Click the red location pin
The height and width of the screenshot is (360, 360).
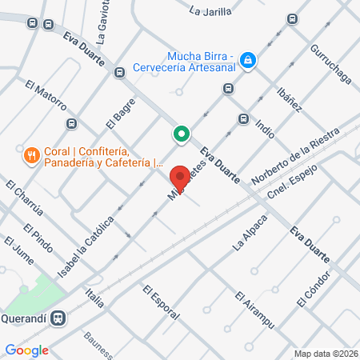coord(180,177)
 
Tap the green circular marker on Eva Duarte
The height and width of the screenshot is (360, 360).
coord(182,134)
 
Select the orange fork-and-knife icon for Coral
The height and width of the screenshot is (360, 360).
coord(31,154)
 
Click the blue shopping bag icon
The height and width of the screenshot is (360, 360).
coord(249,60)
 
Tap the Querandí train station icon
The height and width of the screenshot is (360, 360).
coord(58,318)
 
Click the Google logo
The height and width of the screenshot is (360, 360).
coord(27,350)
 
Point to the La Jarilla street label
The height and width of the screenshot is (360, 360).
coord(211,11)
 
